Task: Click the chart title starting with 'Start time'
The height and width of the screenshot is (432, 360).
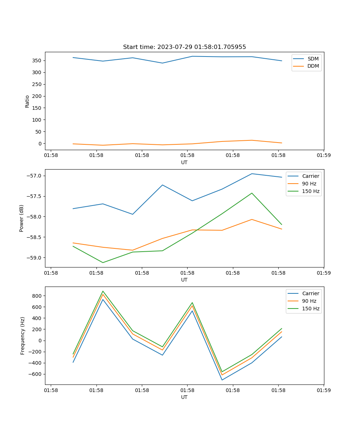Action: [184, 47]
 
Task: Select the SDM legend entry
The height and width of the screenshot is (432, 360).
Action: [313, 59]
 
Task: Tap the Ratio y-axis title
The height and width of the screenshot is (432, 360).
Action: [27, 101]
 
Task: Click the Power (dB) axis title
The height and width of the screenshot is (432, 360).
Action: [22, 218]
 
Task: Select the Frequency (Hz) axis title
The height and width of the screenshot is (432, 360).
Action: [22, 336]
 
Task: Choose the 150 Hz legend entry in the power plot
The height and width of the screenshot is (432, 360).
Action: [311, 191]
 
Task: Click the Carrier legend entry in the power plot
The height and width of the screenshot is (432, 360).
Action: [311, 176]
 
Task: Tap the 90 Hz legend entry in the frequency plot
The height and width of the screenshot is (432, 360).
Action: [309, 301]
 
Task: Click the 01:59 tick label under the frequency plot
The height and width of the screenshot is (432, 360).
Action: [324, 390]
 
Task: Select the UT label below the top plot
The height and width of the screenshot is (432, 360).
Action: [184, 162]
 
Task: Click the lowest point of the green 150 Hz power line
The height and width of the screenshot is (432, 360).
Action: [103, 262]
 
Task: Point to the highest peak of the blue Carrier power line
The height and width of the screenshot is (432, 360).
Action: [252, 174]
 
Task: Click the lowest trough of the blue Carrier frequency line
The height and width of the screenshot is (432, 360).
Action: [222, 380]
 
